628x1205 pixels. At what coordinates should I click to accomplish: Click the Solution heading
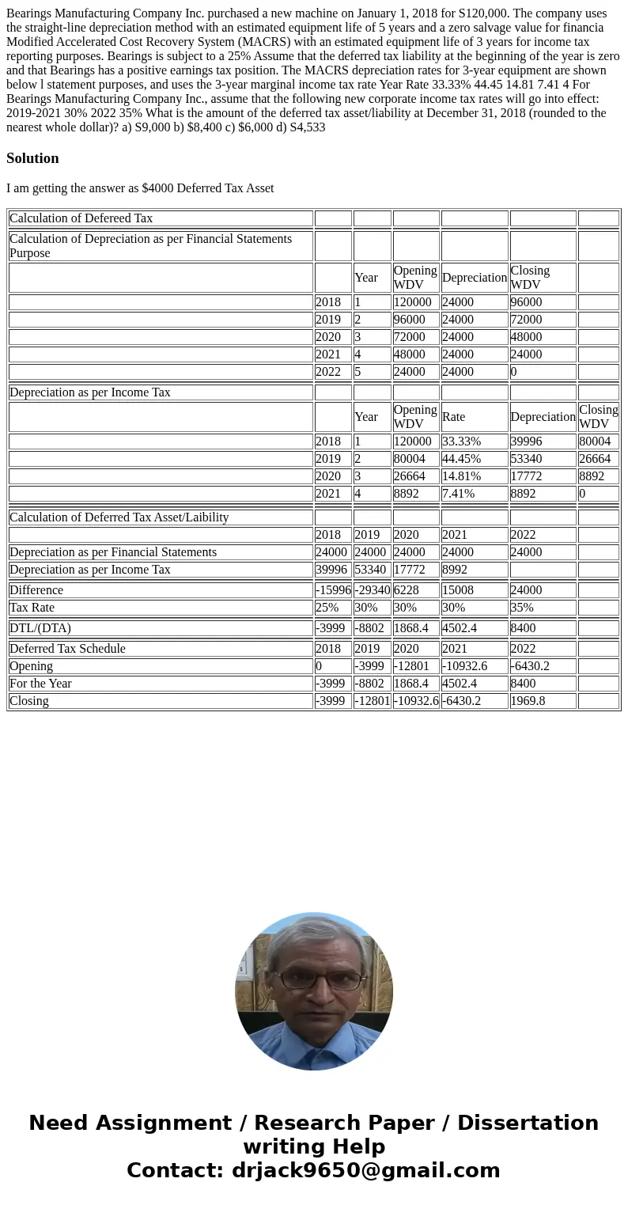tap(32, 158)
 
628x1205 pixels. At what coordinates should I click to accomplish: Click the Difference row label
tap(36, 590)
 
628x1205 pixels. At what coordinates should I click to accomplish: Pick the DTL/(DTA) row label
tap(40, 628)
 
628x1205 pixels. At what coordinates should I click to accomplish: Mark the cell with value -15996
tap(333, 590)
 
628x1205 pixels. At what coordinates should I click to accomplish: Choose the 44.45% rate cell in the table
tap(461, 459)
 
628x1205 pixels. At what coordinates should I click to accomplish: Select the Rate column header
tap(453, 417)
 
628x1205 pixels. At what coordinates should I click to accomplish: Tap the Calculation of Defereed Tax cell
tap(81, 218)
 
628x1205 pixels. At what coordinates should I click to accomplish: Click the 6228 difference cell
tap(406, 590)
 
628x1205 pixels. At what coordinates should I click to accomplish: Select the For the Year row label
tap(40, 684)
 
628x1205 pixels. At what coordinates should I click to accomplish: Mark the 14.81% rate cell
tap(461, 476)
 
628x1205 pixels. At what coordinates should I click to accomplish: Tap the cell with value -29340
tap(372, 590)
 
